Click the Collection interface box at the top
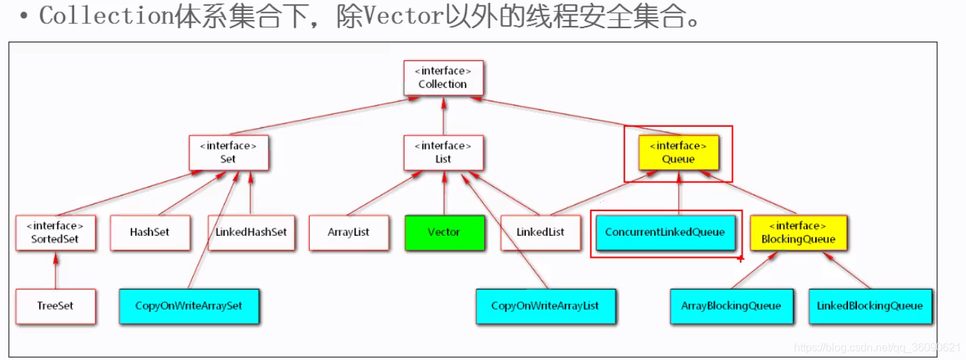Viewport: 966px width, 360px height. [443, 77]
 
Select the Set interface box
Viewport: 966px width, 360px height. [228, 152]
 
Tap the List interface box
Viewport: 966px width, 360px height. [444, 152]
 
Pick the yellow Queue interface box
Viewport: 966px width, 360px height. [678, 152]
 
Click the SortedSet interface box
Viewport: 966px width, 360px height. [56, 232]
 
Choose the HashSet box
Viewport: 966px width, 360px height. [149, 232]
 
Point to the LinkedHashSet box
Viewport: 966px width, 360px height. [251, 232]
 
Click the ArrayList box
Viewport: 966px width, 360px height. [348, 232]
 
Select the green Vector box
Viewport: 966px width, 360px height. [444, 232]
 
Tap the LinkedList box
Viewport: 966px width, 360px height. [540, 232]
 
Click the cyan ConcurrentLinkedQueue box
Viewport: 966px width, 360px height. [664, 232]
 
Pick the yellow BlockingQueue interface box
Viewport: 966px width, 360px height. [798, 232]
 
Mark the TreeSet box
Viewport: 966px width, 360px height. [56, 306]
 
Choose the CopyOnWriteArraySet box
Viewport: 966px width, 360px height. [189, 306]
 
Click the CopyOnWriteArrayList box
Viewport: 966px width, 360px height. [545, 306]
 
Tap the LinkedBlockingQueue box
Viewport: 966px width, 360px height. [869, 306]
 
